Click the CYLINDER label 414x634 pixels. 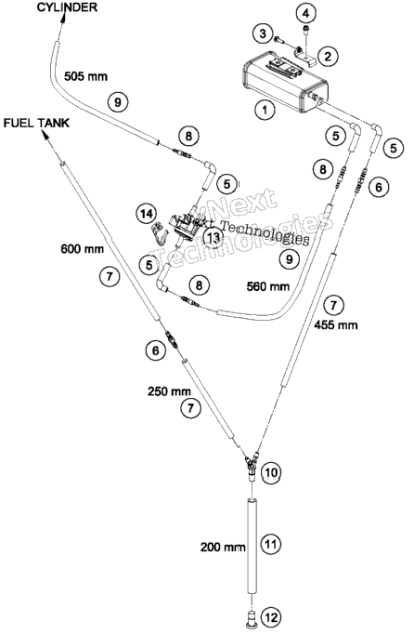(x=67, y=7)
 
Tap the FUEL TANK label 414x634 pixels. (x=37, y=123)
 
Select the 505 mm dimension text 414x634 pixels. (x=86, y=76)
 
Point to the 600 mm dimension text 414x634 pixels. (x=83, y=248)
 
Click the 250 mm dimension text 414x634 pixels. (x=169, y=391)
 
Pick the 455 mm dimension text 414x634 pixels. (x=336, y=324)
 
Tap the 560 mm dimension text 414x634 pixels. (x=268, y=286)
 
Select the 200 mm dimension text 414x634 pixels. (x=223, y=547)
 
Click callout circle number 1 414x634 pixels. (x=265, y=110)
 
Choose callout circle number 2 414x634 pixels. (x=328, y=56)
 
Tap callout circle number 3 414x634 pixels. (x=263, y=33)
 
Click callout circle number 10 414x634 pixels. (x=271, y=472)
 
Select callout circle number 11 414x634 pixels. (x=271, y=544)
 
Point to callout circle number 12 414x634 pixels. (x=271, y=617)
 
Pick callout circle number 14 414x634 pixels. (x=146, y=213)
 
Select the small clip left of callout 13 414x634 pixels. (x=160, y=234)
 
